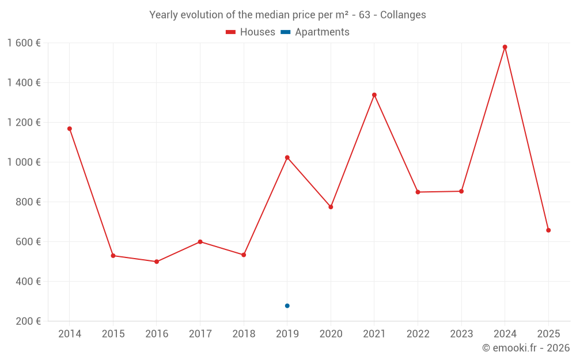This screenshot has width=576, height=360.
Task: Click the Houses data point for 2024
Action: [x=505, y=47]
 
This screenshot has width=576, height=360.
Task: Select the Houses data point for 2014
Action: [x=70, y=129]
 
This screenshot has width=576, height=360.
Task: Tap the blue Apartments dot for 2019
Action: [x=287, y=306]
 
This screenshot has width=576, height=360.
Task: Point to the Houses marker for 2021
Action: [x=374, y=95]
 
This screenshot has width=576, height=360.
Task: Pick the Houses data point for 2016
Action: [x=157, y=262]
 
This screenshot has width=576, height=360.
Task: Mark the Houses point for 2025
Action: [x=548, y=230]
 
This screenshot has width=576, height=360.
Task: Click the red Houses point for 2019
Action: [x=287, y=158]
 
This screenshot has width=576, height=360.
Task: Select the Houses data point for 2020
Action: [x=331, y=207]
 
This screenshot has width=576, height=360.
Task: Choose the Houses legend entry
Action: [x=251, y=32]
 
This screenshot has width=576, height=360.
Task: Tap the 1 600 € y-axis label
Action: [x=24, y=43]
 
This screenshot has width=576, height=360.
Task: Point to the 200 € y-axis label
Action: [x=28, y=321]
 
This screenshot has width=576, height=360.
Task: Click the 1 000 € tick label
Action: [x=24, y=162]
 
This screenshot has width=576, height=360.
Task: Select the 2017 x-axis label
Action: [x=200, y=334]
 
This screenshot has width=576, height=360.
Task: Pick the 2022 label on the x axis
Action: [x=418, y=334]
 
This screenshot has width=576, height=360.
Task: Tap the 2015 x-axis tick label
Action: [x=113, y=334]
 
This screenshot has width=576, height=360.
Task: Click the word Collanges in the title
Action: [x=403, y=15]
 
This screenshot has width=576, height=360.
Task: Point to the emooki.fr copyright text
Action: [x=525, y=348]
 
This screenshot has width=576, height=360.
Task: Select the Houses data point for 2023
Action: [x=461, y=191]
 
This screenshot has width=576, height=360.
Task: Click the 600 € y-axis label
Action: [x=28, y=242]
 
